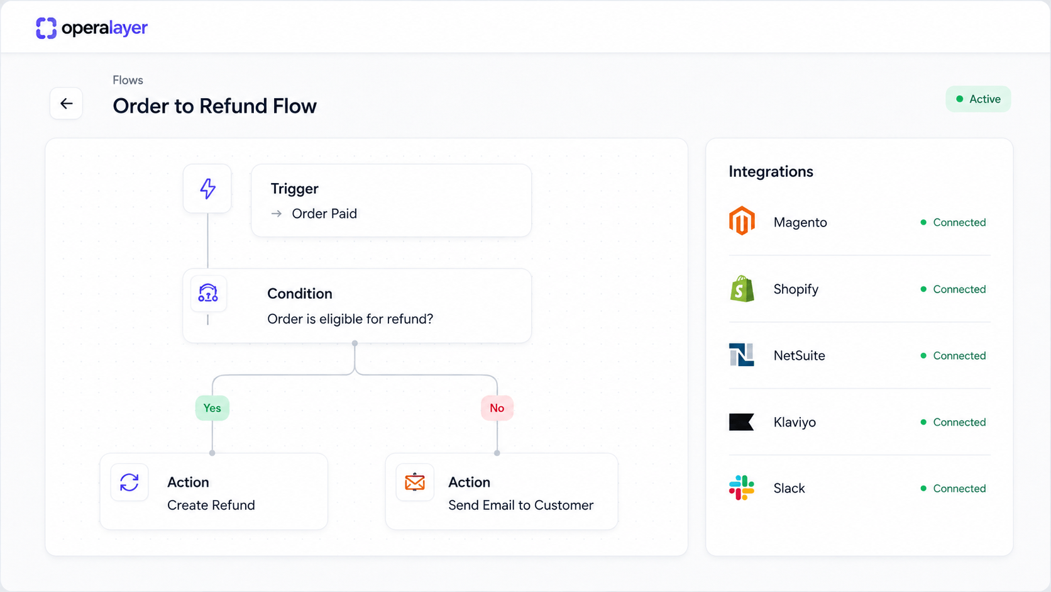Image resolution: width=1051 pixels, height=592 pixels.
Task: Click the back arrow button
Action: pos(66,103)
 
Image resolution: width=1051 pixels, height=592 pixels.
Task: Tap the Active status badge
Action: pos(978,99)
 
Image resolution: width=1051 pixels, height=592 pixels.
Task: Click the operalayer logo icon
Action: pos(46,28)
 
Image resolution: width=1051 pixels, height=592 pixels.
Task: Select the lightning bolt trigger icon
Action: pos(208,189)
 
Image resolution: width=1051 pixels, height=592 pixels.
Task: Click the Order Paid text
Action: pos(324,214)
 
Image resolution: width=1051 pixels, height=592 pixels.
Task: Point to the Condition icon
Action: pos(208,293)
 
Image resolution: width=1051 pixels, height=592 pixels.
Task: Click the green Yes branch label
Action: pos(212,408)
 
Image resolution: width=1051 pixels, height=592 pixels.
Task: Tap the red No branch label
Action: pos(497,408)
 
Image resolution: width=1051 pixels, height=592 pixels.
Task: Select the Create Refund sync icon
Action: pos(129,482)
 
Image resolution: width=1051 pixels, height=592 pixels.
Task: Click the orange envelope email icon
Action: pos(415,482)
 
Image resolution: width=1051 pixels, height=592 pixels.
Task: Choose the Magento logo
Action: pos(742,221)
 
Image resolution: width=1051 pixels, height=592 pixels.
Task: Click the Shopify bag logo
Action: pos(742,288)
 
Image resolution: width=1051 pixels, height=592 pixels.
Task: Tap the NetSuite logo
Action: pos(741,354)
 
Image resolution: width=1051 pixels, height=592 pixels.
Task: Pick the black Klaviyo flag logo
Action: pos(741,422)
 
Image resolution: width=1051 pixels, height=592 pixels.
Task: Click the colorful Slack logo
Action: pos(741,488)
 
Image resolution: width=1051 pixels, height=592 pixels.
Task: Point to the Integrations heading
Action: pos(771,171)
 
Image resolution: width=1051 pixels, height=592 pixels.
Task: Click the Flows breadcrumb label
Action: pos(128,80)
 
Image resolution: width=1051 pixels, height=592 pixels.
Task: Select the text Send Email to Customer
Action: pos(521,505)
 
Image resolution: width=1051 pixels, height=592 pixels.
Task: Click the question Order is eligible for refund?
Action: pos(350,319)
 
